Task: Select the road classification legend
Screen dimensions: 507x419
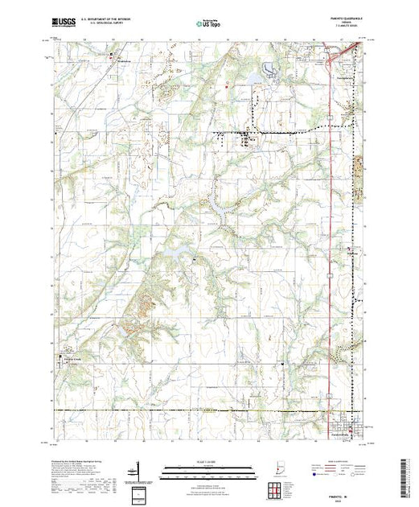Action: [x=342, y=471]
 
